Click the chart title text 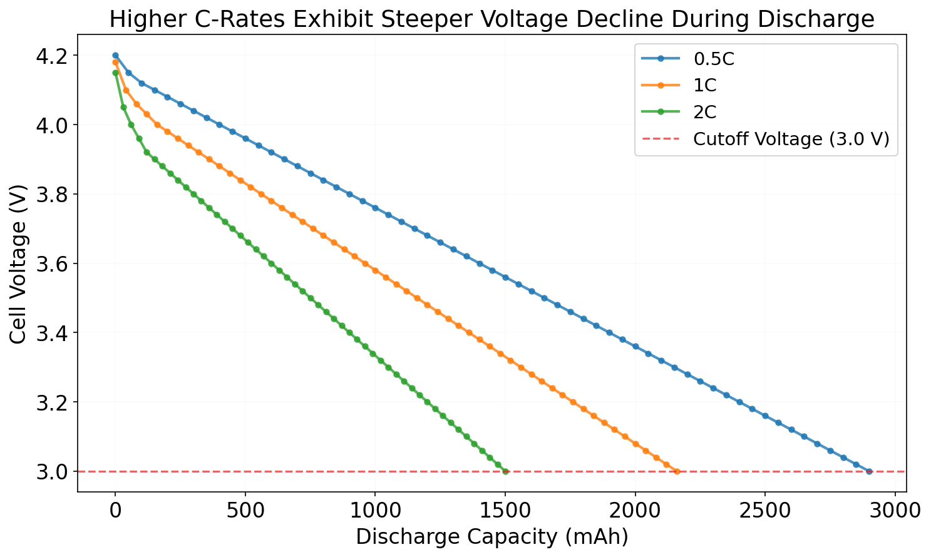tap(491, 19)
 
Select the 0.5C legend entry tap(713, 59)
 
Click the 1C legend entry tap(704, 86)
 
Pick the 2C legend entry tap(704, 113)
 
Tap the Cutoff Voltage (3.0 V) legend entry tap(791, 140)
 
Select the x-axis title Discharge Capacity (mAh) tap(491, 537)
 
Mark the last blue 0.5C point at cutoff tap(869, 471)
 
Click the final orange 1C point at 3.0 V tap(677, 471)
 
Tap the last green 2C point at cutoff tap(505, 471)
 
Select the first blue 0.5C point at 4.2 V tap(115, 56)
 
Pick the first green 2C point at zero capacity tap(115, 73)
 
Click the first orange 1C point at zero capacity tap(115, 63)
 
